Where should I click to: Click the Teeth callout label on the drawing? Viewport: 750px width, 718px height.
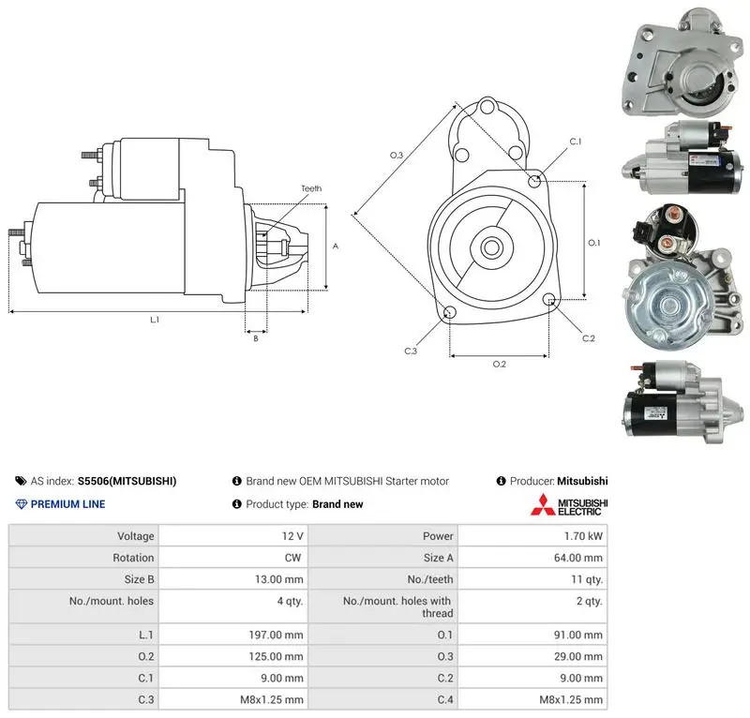(311, 188)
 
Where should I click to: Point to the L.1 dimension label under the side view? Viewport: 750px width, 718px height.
(155, 320)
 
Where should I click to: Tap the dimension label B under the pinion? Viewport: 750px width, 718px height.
(256, 338)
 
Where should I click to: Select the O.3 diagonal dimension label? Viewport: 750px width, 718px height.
(397, 155)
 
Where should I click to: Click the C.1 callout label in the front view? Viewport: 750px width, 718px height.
(576, 142)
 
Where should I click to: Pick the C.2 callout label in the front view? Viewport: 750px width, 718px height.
(589, 338)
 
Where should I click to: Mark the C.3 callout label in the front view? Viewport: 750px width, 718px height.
(411, 352)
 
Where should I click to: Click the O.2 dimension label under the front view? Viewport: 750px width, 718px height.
(500, 364)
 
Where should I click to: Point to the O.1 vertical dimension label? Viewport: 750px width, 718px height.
(594, 243)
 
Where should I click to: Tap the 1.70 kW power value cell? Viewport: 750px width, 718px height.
(583, 536)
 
